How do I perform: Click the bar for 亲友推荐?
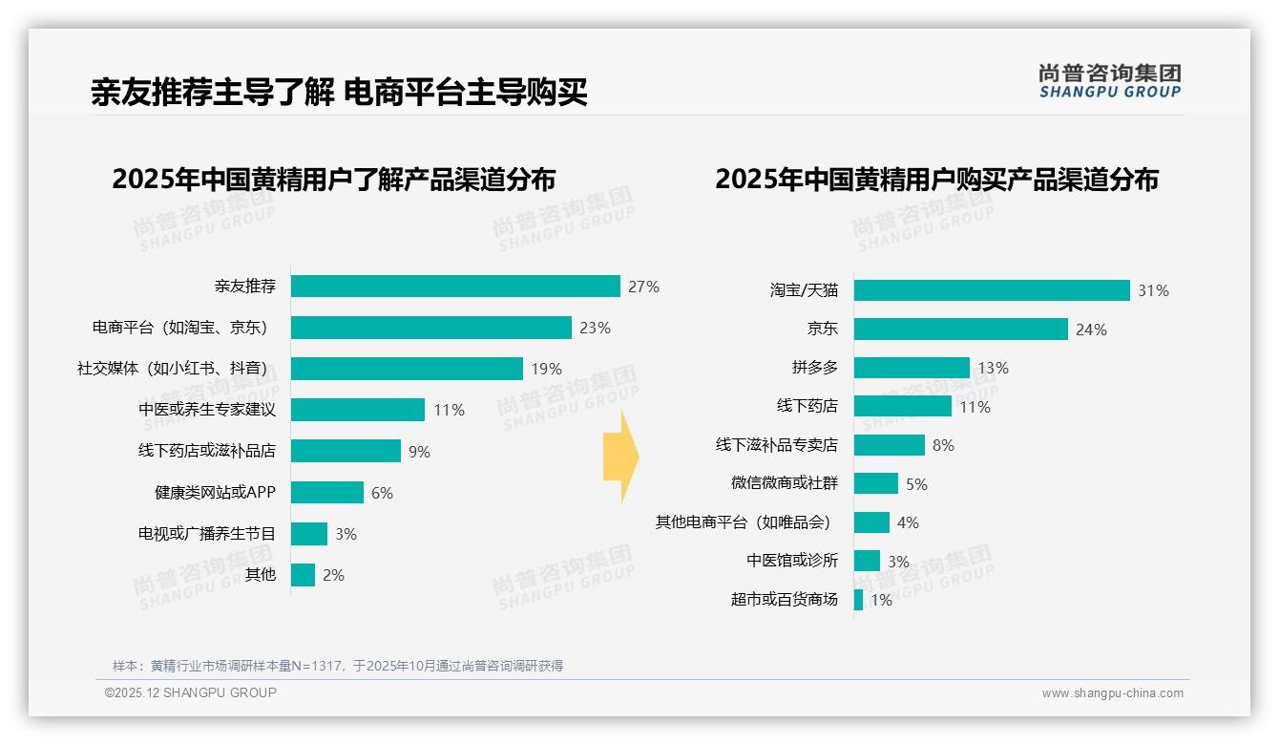pos(455,287)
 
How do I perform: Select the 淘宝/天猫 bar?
pos(992,290)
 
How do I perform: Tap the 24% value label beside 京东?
pos(1091,330)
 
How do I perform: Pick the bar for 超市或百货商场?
pos(859,600)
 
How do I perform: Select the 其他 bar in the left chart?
pos(303,575)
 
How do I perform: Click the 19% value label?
pos(547,369)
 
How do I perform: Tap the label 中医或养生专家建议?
pos(207,410)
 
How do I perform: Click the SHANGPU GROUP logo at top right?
pos(1109,81)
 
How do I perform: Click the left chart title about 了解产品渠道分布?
pos(333,180)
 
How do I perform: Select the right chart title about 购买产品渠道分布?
pos(936,180)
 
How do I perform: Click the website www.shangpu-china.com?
pos(1112,693)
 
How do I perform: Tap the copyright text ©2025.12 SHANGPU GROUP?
pos(191,693)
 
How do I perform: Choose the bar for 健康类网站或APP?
pos(327,493)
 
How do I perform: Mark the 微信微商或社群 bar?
pos(876,483)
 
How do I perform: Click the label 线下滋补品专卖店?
pos(777,445)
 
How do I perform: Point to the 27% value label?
pos(643,287)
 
